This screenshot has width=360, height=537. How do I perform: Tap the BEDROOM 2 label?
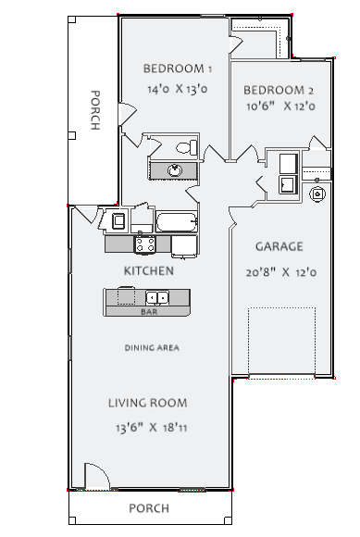coord(279,91)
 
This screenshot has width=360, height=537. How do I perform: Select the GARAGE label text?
coord(279,246)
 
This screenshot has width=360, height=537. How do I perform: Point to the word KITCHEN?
coord(148,271)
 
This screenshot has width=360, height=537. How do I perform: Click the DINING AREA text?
coord(152,348)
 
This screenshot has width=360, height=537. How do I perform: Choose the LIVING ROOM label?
coord(148,403)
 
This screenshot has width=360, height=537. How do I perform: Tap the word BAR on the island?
coord(149,312)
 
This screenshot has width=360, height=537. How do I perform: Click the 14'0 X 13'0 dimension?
coord(178,89)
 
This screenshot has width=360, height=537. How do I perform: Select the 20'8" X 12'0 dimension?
coord(281,272)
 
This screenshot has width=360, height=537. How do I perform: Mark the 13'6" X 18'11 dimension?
coord(151,428)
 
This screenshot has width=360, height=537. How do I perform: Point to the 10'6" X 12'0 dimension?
coord(280,106)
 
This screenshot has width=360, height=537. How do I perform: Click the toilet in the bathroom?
coord(187,147)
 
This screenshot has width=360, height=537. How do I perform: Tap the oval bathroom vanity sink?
coord(175,170)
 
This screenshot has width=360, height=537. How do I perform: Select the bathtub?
coord(177,221)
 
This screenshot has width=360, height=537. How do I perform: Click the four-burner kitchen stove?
coord(144,244)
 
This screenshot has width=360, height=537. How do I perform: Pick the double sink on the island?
coord(157,297)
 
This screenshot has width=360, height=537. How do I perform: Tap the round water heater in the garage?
coord(317,194)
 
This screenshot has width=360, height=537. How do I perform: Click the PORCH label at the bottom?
coord(149,508)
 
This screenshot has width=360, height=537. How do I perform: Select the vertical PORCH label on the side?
coord(95,110)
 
